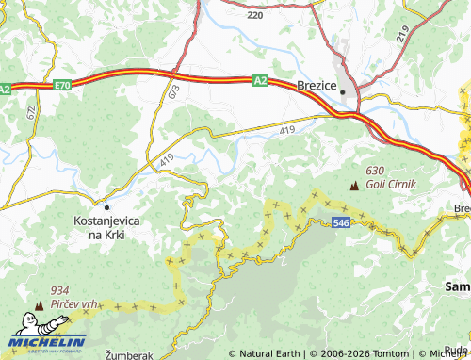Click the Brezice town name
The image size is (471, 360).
(x=317, y=85)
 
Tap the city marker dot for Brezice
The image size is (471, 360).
(x=346, y=92)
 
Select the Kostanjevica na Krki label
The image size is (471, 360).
(x=106, y=226)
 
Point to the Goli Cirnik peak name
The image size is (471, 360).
(x=391, y=186)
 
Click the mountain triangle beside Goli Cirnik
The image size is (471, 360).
(x=354, y=186)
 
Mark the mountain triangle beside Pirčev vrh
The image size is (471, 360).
(x=40, y=305)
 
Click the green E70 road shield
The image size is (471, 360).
(x=62, y=85)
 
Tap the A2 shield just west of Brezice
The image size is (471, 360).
(x=261, y=81)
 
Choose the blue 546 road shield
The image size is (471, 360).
(x=342, y=222)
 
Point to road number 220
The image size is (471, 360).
(x=254, y=16)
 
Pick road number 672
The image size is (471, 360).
(x=31, y=112)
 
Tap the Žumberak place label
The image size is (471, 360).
(x=128, y=354)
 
